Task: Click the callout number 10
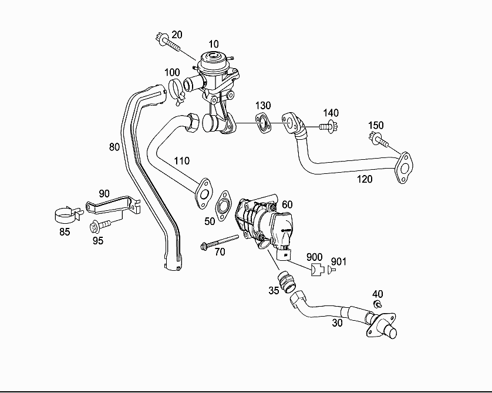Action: (213, 44)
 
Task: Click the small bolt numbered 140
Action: (326, 125)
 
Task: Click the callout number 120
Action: (365, 179)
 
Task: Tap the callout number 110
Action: (182, 160)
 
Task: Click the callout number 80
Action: (114, 146)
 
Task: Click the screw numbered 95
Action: (100, 225)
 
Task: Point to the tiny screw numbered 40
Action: (378, 304)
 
